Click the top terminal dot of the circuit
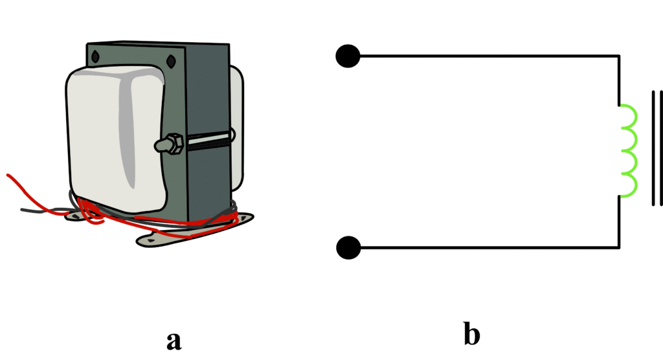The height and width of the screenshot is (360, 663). click(348, 56)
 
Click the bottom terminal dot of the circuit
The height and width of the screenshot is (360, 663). click(348, 247)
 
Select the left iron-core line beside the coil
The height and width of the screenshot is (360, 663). click(653, 149)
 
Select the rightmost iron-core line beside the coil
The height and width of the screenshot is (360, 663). click(661, 149)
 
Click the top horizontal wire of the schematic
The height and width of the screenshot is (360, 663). click(486, 56)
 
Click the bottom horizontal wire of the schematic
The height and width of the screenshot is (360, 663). click(486, 247)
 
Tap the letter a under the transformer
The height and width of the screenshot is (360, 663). click(173, 340)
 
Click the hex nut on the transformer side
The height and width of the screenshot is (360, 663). click(172, 144)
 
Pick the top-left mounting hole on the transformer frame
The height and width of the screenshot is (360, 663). click(95, 56)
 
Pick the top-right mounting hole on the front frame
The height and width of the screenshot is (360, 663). click(171, 62)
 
